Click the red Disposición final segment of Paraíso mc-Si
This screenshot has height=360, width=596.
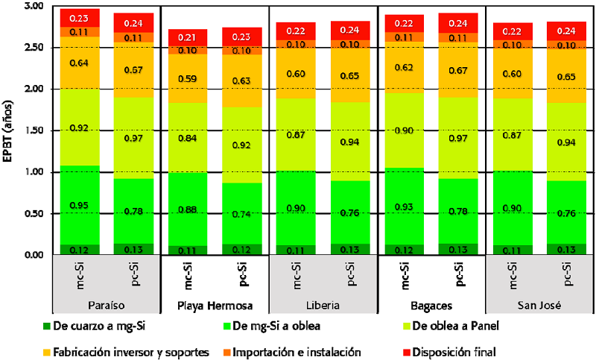80,18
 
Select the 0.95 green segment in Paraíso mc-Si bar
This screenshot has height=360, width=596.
80,205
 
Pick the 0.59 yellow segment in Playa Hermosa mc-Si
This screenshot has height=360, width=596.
187,78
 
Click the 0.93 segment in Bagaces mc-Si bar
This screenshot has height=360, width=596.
402,206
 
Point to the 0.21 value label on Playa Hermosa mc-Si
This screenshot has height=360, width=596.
188,37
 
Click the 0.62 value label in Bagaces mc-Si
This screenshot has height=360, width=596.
402,67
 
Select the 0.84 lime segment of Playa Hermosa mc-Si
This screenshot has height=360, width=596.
187,137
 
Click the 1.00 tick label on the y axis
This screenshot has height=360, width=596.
33,172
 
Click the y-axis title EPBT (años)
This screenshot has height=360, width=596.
10,130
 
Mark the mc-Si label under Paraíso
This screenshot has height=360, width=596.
80,277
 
